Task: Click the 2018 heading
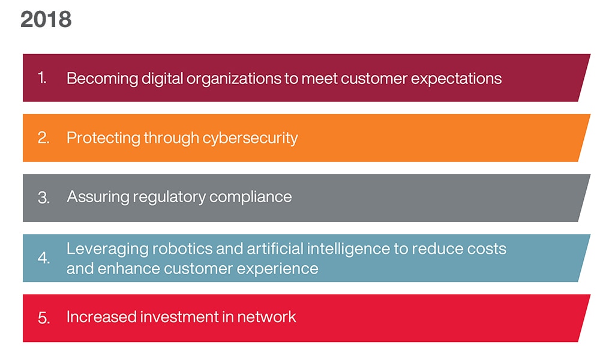tap(46, 19)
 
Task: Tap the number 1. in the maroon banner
tap(43, 78)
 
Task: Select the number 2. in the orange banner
tap(44, 138)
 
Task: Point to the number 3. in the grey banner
tap(44, 197)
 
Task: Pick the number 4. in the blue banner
tap(44, 257)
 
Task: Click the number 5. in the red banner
tap(44, 317)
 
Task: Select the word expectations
tap(456, 79)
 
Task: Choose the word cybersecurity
tap(250, 139)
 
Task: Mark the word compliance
tap(250, 197)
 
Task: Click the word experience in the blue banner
tap(277, 269)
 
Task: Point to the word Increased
tap(101, 317)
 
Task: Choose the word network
tap(266, 317)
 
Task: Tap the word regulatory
tap(169, 197)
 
